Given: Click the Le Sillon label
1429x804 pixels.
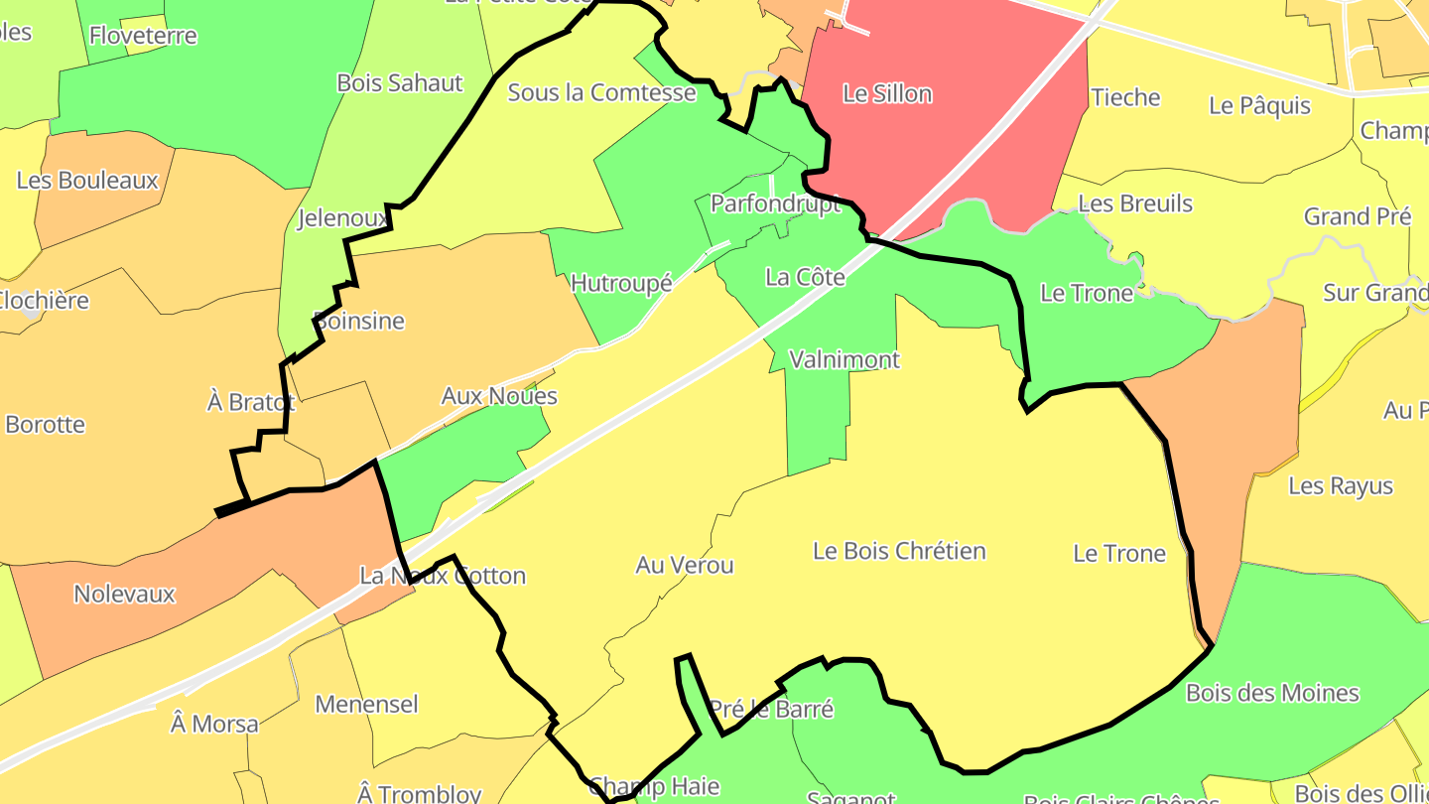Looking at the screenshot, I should point(887,94).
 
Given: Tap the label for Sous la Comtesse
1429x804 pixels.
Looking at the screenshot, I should point(601,92).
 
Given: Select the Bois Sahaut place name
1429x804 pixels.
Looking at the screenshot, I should point(400,82).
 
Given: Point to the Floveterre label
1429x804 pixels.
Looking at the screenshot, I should point(143,36).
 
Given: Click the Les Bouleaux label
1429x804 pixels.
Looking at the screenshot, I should point(87,181).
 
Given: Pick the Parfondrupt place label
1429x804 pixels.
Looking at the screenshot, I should point(775,203).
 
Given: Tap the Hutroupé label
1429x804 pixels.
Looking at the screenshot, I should point(622,283).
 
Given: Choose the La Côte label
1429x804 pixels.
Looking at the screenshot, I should point(805,277).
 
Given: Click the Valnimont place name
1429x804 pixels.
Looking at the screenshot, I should point(844,359).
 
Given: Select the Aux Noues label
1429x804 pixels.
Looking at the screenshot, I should point(499,396).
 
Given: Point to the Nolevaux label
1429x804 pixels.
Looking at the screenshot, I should point(124,594).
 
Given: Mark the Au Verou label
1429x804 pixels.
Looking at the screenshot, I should point(685,565).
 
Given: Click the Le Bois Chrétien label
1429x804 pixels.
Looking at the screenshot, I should point(899,551).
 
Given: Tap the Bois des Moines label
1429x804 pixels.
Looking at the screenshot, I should point(1272,693).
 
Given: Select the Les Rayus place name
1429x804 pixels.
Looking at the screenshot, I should point(1341,486).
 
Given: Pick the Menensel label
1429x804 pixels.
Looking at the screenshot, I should point(366,705).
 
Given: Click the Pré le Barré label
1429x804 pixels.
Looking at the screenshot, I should point(771,709).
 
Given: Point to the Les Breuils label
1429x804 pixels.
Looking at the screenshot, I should point(1135,203).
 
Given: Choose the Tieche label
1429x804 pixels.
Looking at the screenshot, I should point(1125,97).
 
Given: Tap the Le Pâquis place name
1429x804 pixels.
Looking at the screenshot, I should point(1260,105).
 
